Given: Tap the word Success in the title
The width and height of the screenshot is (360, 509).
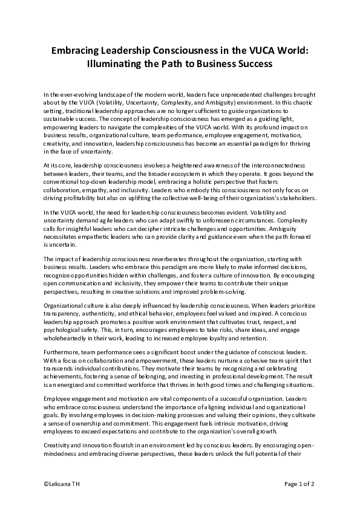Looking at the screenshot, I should coord(252,63).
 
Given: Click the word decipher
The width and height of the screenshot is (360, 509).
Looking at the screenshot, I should coord(169,229).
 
